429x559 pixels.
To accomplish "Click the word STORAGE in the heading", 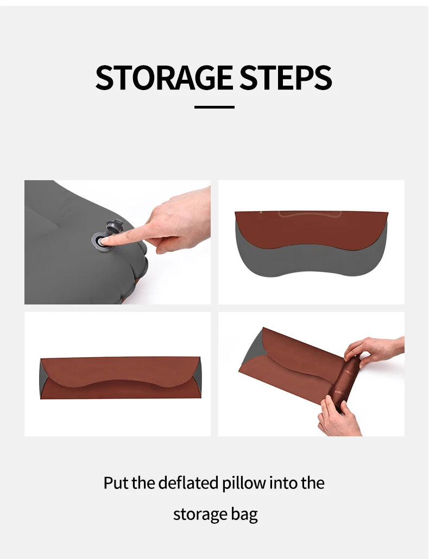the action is click(165, 78).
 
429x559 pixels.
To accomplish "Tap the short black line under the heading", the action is click(214, 106).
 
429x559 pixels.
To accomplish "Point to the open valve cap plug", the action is click(115, 226).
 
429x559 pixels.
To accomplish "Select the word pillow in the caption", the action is click(244, 483).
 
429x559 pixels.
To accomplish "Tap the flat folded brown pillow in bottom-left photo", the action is click(120, 378).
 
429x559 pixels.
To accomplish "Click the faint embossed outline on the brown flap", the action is click(310, 214).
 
